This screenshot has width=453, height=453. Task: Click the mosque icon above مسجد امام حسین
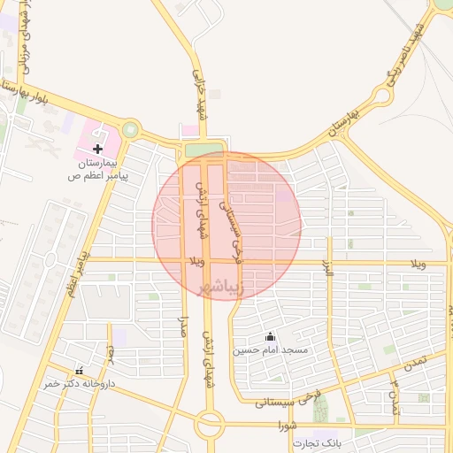tap(269, 336)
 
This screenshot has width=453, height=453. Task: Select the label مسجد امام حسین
tap(270, 350)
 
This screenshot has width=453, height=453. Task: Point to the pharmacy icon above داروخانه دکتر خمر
tap(81, 371)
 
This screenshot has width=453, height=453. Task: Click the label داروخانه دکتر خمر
tap(68, 384)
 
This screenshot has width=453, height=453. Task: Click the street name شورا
tap(286, 426)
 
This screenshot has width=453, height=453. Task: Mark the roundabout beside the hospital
tap(131, 129)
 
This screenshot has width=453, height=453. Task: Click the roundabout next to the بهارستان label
tap(382, 96)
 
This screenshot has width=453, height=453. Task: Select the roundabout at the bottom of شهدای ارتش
tap(211, 425)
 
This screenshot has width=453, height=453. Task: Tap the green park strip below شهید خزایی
tap(204, 150)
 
